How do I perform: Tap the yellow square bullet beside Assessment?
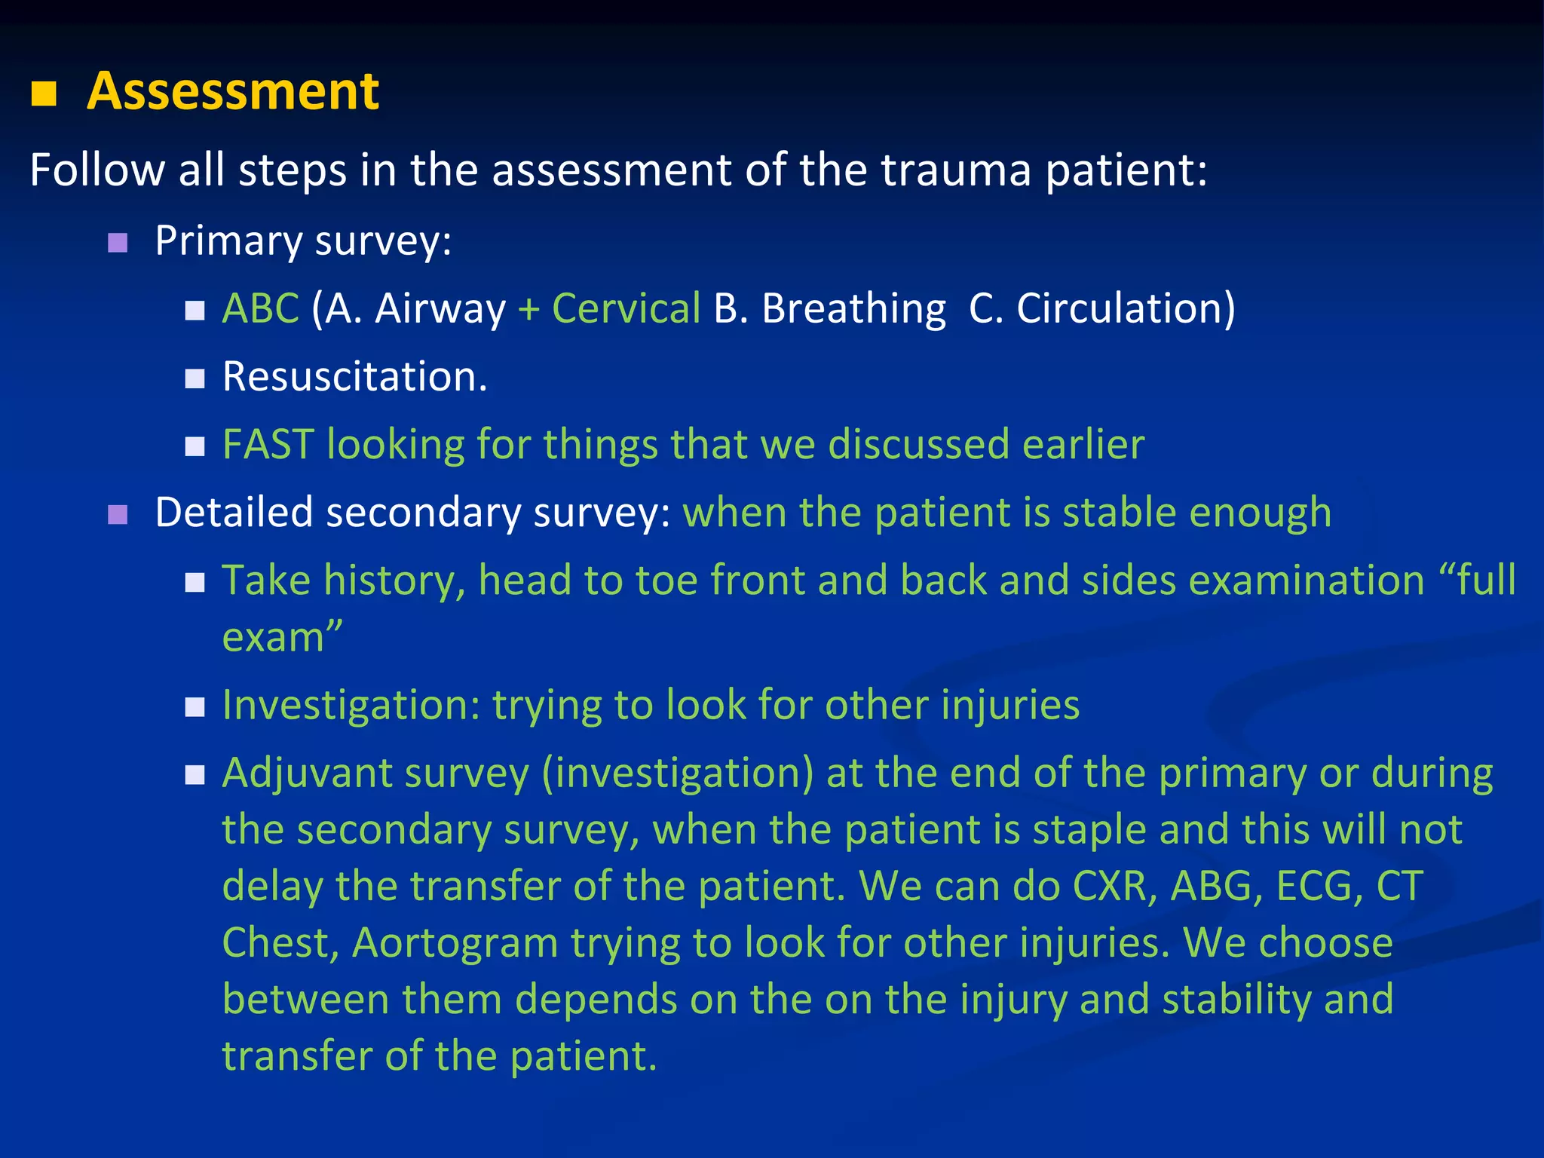[44, 94]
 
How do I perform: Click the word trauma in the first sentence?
[955, 170]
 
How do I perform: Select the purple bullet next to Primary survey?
[118, 243]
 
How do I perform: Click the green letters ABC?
[260, 308]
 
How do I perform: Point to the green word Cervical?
[626, 308]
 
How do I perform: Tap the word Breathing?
[853, 309]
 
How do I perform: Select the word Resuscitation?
[354, 376]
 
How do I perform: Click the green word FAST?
[268, 444]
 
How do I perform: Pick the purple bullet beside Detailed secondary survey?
[118, 515]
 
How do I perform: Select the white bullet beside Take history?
[195, 583]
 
